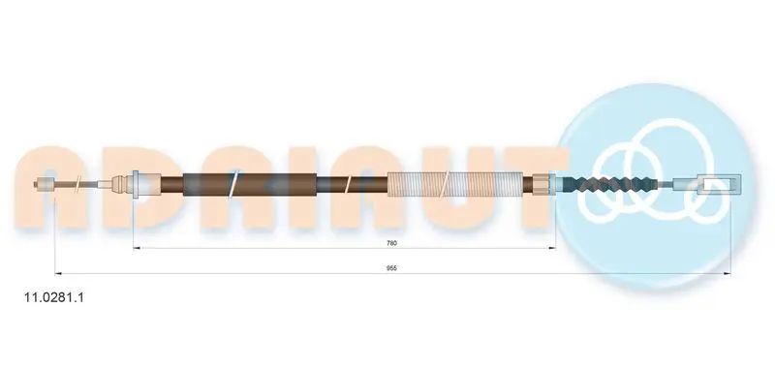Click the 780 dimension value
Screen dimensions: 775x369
[392, 242]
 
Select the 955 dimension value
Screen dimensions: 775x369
[392, 267]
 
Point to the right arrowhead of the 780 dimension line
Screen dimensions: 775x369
[552, 248]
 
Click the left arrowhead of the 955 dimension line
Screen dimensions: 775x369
[58, 273]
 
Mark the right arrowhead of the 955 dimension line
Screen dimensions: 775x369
[727, 273]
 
